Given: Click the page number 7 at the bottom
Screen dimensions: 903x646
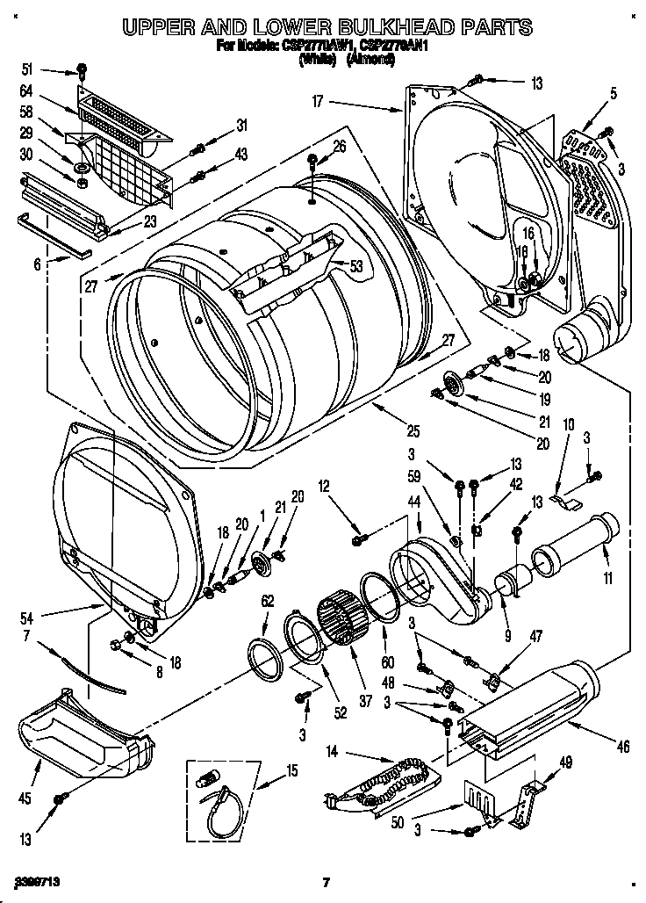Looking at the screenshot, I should point(325,882).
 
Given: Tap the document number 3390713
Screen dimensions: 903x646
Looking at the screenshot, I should point(39,879).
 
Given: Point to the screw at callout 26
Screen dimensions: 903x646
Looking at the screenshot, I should point(312,162).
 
